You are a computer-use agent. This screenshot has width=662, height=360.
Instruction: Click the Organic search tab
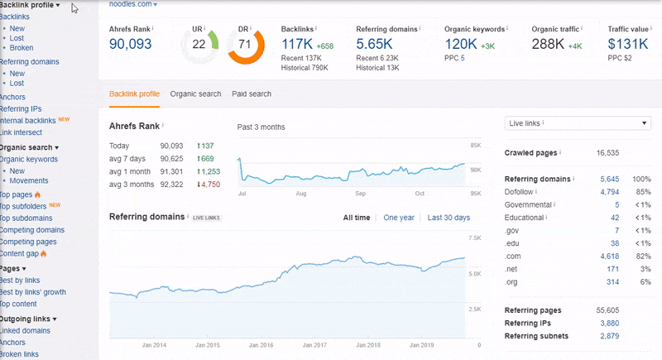pos(195,94)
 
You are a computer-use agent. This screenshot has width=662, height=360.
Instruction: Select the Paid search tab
pos(252,94)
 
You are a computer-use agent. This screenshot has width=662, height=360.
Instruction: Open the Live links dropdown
pos(578,123)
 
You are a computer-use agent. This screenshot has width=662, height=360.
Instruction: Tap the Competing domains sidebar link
pos(32,230)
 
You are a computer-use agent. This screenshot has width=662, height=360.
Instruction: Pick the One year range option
pos(399,218)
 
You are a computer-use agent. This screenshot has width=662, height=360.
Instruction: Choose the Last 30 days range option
pos(449,218)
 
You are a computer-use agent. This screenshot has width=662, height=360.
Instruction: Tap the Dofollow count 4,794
pos(608,192)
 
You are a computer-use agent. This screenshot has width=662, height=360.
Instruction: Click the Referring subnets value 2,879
pos(608,336)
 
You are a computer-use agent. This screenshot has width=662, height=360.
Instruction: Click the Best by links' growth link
pos(32,292)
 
